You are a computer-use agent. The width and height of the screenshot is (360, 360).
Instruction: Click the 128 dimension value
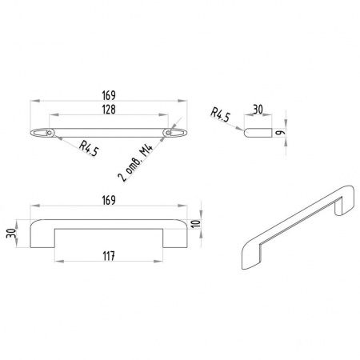click(x=109, y=110)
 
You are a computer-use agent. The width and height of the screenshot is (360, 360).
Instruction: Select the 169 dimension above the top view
click(x=109, y=95)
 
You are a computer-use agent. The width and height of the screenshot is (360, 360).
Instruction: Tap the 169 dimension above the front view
click(x=109, y=200)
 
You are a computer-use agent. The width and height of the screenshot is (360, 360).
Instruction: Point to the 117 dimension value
click(x=109, y=256)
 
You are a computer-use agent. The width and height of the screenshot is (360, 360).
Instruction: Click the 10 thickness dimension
click(x=196, y=223)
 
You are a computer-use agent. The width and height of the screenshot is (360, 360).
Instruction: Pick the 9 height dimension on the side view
click(x=279, y=133)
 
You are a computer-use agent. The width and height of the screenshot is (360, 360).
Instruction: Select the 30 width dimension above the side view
click(x=258, y=110)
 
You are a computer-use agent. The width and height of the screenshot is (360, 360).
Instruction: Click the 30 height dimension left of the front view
click(x=12, y=234)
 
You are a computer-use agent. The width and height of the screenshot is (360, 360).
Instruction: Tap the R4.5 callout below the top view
click(x=89, y=149)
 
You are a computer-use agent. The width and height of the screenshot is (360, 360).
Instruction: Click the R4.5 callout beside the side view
click(x=220, y=114)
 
